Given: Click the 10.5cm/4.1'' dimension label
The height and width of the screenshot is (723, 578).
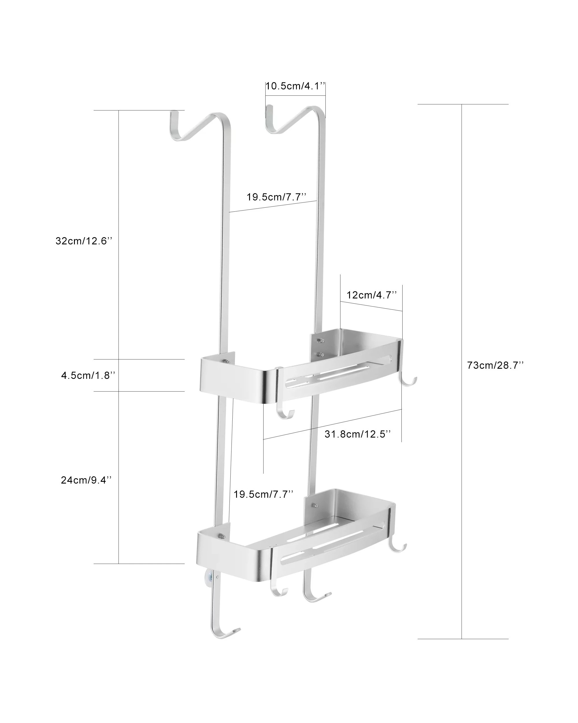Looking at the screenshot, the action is click(295, 86).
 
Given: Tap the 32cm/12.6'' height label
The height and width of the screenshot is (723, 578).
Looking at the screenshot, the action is click(84, 241).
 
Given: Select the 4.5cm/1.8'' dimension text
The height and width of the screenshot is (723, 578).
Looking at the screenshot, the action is click(88, 375).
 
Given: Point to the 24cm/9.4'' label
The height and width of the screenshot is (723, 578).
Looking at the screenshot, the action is click(86, 480).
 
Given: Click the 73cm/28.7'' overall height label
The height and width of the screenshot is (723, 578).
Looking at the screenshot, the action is click(495, 365).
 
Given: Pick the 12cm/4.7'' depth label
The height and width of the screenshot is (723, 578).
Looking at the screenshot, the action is click(372, 295).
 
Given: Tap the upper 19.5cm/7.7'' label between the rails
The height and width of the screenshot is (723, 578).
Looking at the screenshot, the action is click(277, 197).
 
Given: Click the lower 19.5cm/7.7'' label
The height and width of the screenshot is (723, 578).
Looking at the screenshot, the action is click(263, 494).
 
